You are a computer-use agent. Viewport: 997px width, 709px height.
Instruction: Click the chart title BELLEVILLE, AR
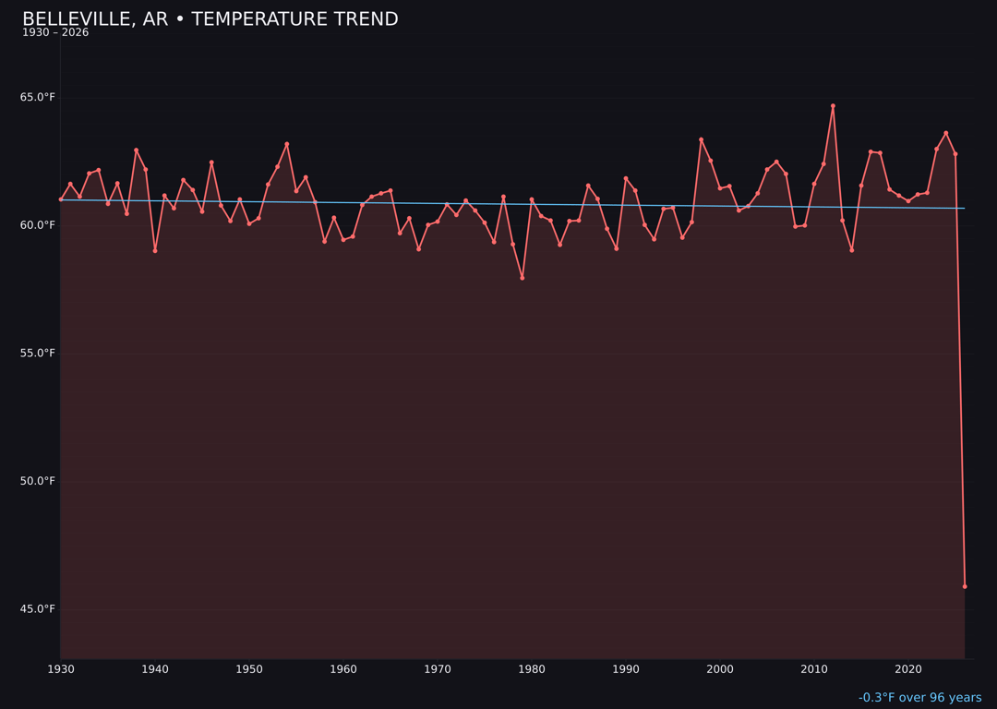click(210, 19)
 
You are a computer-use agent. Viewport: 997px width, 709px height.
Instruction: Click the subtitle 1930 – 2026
click(55, 33)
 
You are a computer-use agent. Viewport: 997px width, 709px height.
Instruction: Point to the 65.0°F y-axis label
click(38, 98)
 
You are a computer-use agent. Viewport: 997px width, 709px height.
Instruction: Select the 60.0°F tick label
click(38, 225)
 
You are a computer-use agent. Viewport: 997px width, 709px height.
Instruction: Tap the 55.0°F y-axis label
click(38, 354)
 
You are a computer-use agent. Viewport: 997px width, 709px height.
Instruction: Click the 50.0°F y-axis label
click(38, 481)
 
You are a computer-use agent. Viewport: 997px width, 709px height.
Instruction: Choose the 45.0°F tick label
click(38, 609)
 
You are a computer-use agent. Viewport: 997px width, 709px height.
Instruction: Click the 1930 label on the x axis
click(61, 669)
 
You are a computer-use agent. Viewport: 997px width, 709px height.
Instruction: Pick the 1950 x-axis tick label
click(249, 669)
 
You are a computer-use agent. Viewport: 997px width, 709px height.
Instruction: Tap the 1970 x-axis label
click(438, 669)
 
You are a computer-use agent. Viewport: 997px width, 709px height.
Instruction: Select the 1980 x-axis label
click(532, 669)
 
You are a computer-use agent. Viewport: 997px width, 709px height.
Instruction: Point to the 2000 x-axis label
click(720, 669)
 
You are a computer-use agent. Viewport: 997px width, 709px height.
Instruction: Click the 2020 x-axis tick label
click(908, 669)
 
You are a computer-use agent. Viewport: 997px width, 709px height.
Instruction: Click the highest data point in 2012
click(833, 106)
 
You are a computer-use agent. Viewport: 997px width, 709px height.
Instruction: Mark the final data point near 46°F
click(965, 586)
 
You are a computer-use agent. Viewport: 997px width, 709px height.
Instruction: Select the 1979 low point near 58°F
click(523, 278)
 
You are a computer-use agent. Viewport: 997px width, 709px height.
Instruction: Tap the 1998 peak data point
click(701, 139)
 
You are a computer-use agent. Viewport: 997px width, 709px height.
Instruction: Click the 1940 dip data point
click(155, 250)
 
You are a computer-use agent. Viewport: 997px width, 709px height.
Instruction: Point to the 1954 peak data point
click(287, 144)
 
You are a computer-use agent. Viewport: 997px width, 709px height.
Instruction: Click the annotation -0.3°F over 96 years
click(919, 698)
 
